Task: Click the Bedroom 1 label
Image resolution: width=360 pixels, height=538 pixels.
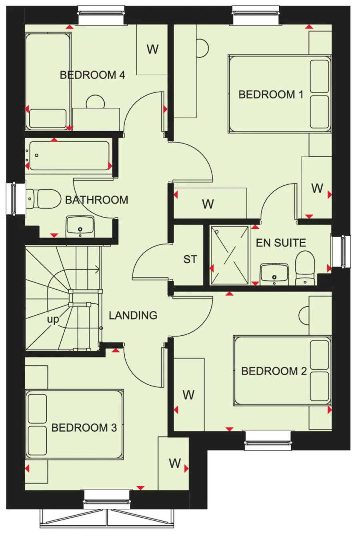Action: pos(271,95)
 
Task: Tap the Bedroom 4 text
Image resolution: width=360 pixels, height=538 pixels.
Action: pos(92,75)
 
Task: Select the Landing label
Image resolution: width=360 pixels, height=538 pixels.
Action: pos(133,316)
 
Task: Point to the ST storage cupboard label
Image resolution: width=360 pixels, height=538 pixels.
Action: pos(190,260)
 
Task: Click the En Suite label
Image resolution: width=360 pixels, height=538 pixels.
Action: pos(281,243)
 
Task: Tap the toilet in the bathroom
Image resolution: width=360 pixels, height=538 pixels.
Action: pos(44,199)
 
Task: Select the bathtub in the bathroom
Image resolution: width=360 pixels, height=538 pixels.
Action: pos(69,156)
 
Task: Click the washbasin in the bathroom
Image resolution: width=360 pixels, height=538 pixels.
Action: pos(80,226)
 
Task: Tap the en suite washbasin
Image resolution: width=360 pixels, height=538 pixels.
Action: pos(274,274)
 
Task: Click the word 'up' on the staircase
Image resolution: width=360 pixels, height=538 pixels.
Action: pos(53,320)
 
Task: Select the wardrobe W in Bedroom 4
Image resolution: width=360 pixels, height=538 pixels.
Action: pos(152,49)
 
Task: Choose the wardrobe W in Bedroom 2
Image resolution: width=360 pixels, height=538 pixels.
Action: pos(188,395)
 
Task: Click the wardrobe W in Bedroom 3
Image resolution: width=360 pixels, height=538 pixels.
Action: pos(174,463)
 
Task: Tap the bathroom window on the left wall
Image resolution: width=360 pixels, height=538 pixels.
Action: pos(13,198)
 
